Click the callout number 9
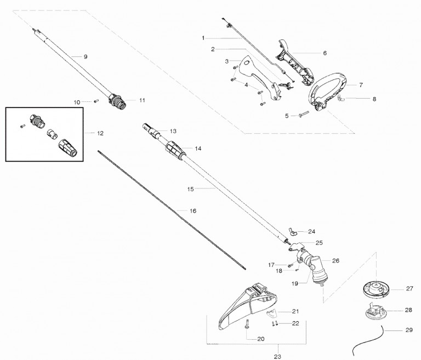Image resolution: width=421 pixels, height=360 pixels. pyautogui.click(x=86, y=56)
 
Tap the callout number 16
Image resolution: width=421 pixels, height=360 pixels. pyautogui.click(x=192, y=211)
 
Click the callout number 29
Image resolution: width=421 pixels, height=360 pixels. pyautogui.click(x=409, y=330)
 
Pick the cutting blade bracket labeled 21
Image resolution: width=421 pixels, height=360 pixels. pyautogui.click(x=271, y=312)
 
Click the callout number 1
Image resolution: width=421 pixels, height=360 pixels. pyautogui.click(x=203, y=38)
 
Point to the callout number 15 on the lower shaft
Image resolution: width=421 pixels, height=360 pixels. pyautogui.click(x=191, y=189)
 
